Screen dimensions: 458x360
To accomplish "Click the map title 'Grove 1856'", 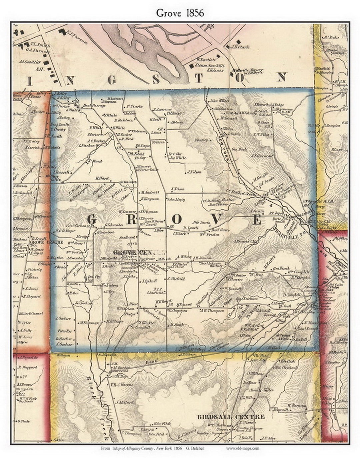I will [180, 13].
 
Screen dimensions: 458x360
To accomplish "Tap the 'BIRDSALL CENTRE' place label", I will [231, 417].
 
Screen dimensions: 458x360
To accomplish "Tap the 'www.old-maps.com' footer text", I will [242, 448].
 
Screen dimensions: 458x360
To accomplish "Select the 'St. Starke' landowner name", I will [134, 107].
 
